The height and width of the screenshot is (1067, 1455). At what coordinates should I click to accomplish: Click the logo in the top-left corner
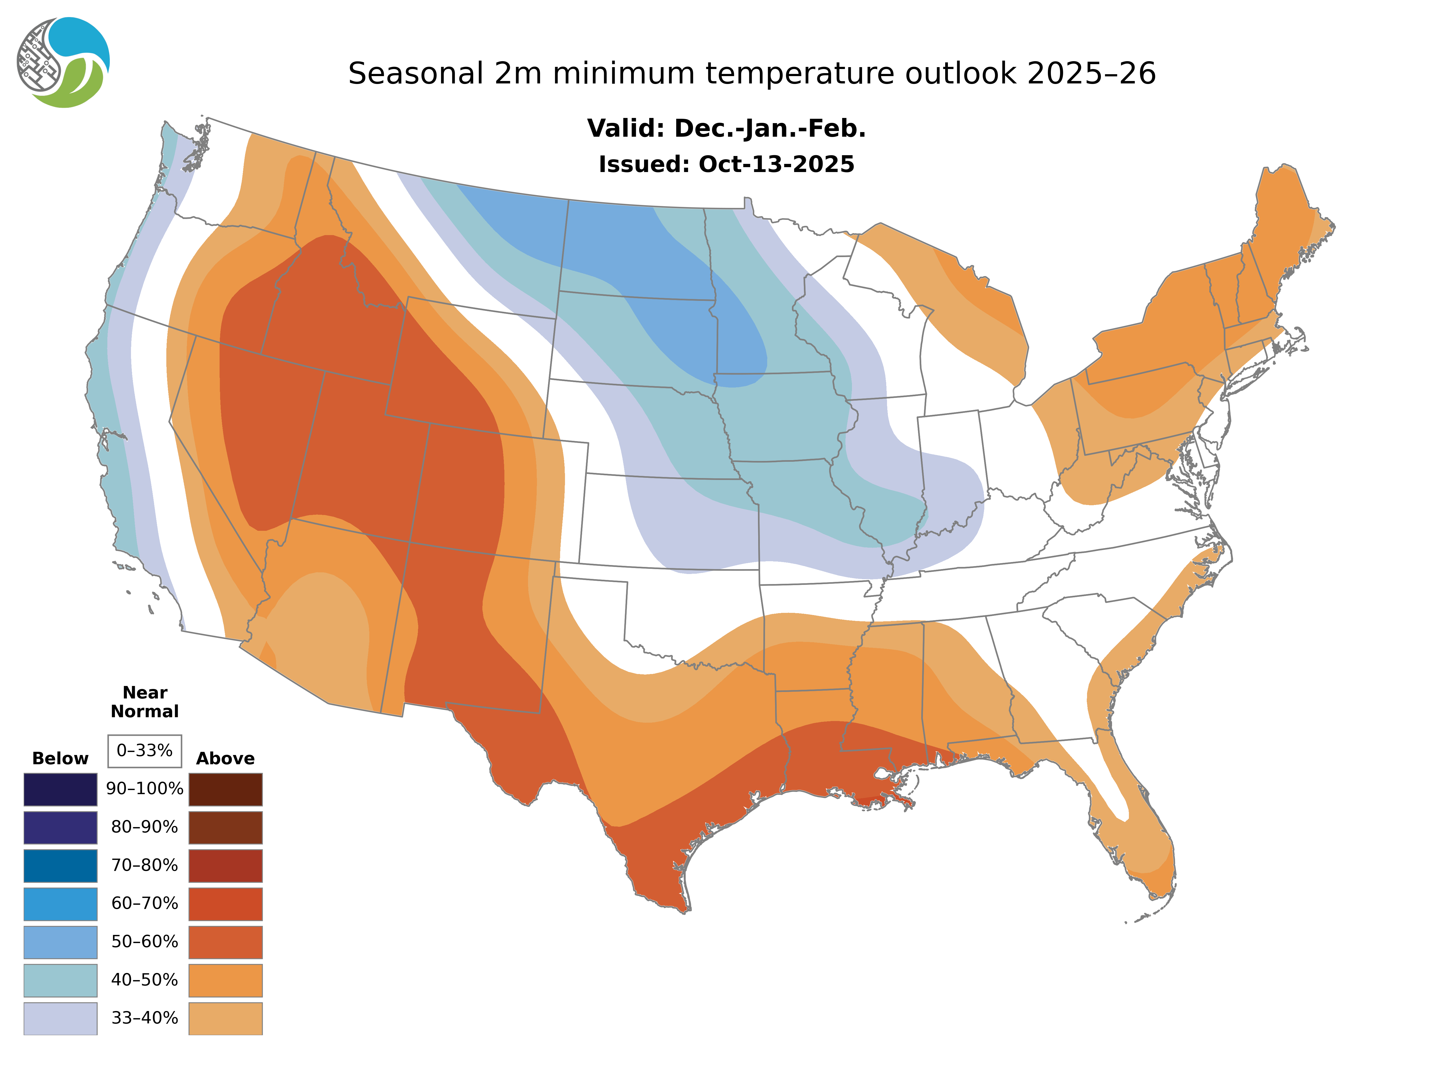point(63,63)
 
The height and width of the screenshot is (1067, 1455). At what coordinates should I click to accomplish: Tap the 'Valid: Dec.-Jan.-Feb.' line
point(726,129)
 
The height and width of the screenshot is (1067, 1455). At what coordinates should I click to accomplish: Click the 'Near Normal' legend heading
point(145,702)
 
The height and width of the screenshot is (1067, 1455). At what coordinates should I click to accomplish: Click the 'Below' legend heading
point(60,758)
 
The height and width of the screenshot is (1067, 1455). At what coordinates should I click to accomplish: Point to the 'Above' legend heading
point(225,758)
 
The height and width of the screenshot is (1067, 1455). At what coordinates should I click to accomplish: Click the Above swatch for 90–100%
point(225,789)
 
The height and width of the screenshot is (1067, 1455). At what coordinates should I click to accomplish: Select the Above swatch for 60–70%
point(225,904)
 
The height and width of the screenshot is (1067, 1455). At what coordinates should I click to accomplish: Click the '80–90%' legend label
point(145,827)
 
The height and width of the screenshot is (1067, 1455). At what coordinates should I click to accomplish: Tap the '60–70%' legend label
point(145,904)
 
